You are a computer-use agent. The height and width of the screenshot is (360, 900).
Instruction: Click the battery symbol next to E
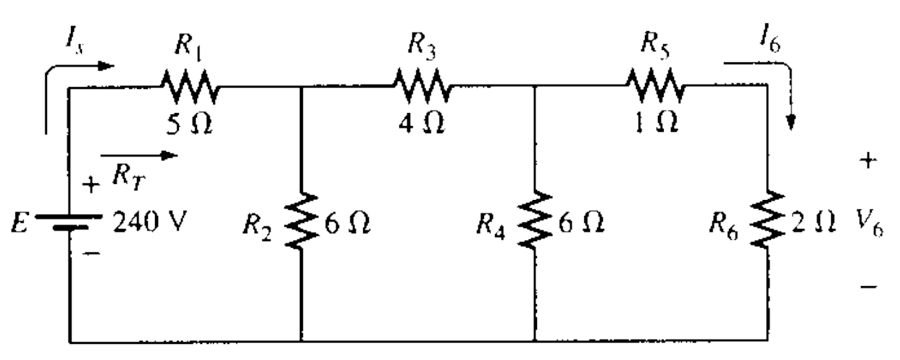point(70,220)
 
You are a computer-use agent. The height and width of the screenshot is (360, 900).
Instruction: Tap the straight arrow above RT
point(138,154)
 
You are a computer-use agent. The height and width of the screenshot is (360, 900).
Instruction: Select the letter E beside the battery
point(24,217)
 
